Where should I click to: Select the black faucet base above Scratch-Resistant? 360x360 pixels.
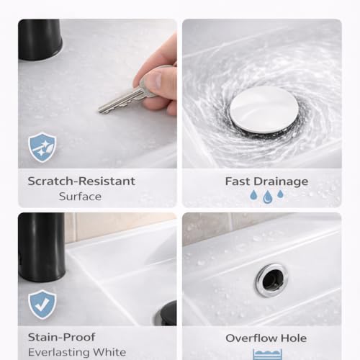pos(40,39)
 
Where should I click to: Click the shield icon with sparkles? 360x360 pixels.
pos(42,147)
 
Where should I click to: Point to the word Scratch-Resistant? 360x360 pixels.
pos(81,181)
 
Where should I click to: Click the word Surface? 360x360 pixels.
pos(80,196)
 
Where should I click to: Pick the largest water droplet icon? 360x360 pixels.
pos(267,197)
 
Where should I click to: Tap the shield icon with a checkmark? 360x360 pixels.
pos(42,304)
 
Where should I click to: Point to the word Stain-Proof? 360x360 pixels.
pos(61,337)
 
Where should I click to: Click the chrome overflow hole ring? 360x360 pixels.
pos(271,279)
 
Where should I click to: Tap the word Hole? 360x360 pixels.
pos(293,338)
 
